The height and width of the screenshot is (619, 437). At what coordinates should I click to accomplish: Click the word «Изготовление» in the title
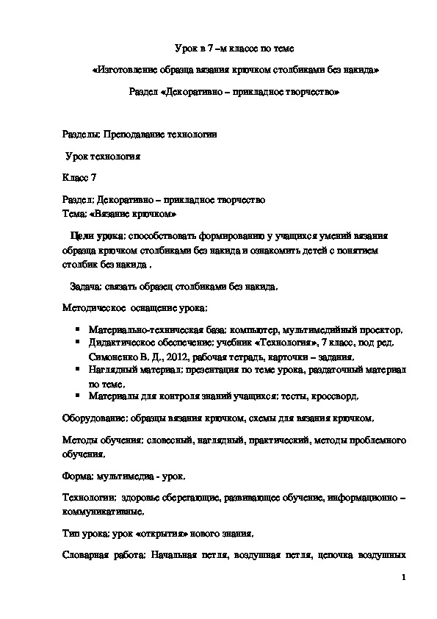(127, 71)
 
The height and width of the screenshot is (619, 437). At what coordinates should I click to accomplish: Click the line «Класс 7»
(79, 178)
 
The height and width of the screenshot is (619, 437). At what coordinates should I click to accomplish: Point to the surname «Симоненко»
(112, 355)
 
